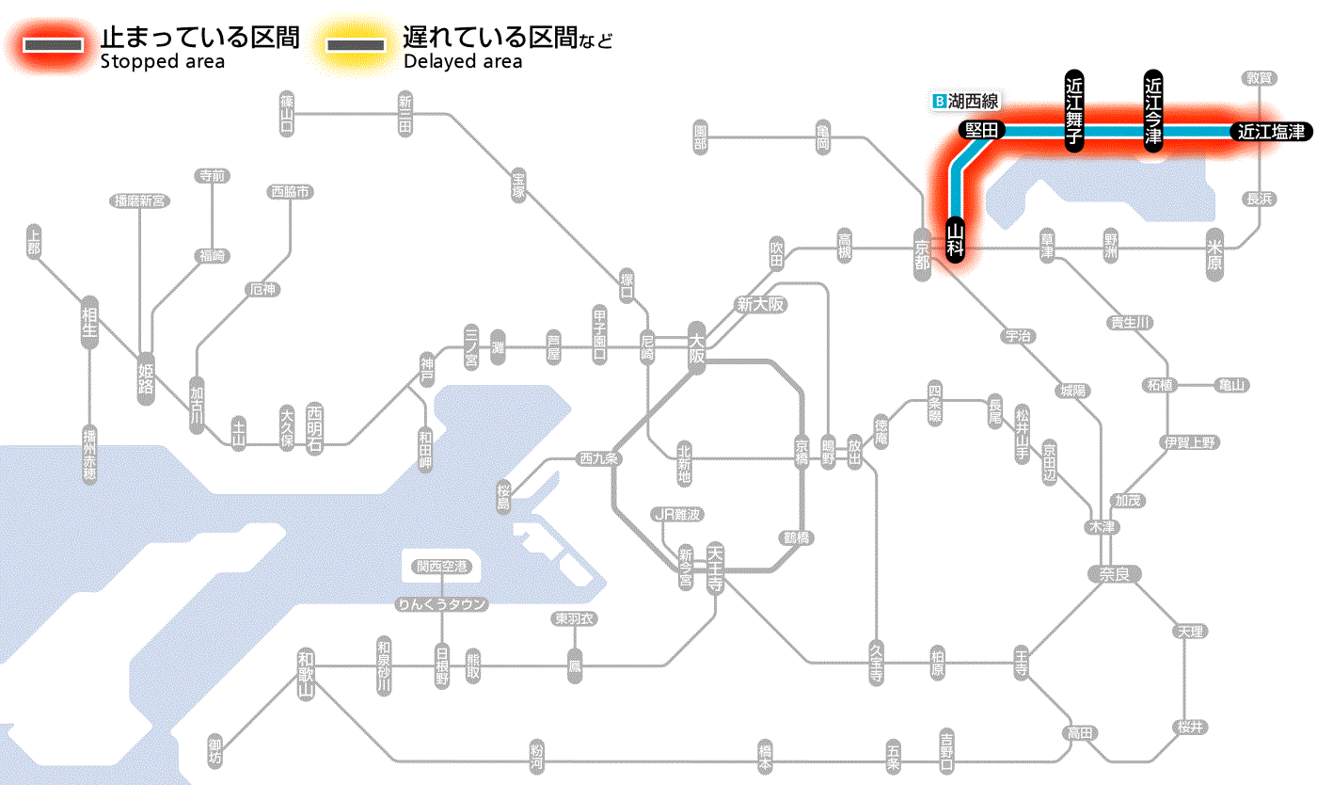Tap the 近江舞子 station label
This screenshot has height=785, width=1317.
1074,110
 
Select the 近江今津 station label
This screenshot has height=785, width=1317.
1153,110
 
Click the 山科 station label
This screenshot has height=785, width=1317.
956,241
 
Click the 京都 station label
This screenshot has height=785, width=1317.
923,249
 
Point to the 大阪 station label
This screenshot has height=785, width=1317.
696,348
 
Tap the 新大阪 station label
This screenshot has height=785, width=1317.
760,305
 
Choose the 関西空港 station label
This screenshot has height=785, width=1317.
441,567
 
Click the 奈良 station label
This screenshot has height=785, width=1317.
1114,573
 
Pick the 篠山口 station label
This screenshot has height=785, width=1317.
287,112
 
